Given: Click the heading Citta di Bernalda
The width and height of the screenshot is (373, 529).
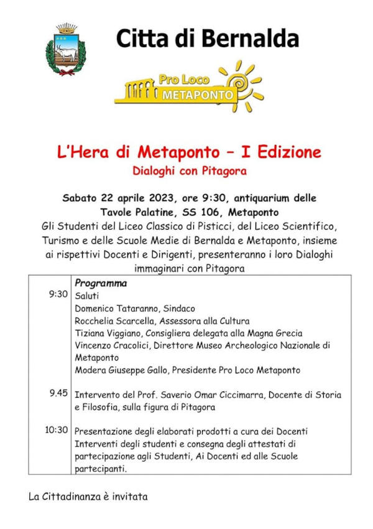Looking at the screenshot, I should click(x=207, y=39).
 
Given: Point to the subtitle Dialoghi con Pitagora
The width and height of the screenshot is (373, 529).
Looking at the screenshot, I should click(x=186, y=169).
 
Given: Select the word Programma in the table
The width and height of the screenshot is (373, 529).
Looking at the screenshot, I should click(x=101, y=283).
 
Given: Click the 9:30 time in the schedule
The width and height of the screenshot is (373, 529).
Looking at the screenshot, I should click(x=58, y=294).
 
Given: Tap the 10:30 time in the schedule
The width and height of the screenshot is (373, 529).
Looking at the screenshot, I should click(x=57, y=430).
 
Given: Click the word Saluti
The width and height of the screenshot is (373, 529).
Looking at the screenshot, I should click(x=87, y=296).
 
